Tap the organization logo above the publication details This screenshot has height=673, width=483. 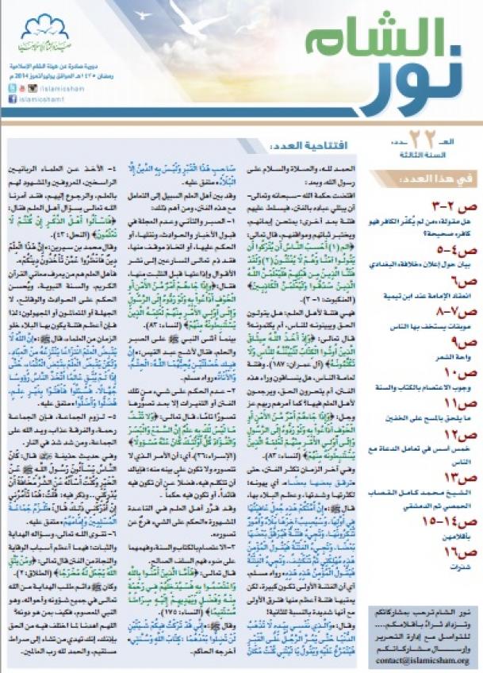pos(45,31)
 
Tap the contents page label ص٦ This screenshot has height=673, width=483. pos(456,268)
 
